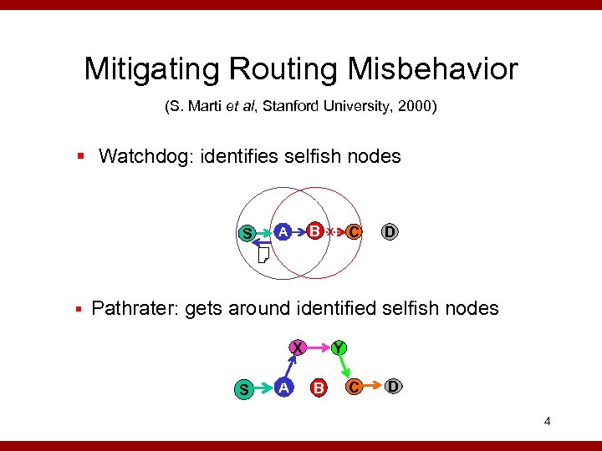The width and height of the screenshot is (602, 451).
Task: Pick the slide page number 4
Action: [x=547, y=421]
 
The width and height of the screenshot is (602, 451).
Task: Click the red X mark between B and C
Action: [x=331, y=231]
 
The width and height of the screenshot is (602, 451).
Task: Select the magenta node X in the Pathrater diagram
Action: [x=297, y=347]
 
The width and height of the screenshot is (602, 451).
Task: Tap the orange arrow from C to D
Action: [x=374, y=386]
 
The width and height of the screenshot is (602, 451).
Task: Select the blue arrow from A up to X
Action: [x=290, y=366]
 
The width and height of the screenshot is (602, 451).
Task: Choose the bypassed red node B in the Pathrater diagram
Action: [x=318, y=387]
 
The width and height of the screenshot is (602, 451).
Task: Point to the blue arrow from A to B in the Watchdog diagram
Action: [x=299, y=231]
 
